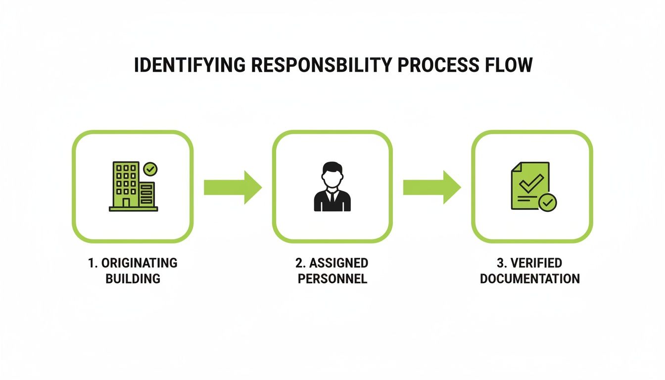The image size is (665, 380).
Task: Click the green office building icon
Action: tap(131, 186)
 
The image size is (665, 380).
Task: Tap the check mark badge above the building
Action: tap(150, 169)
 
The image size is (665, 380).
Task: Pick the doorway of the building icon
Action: tap(126, 202)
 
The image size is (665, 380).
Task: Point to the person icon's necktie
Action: tap(332, 196)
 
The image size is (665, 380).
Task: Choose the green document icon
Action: tap(530, 185)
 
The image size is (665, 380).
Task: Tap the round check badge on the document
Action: tap(548, 202)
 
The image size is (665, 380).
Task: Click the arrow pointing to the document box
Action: tap(432, 187)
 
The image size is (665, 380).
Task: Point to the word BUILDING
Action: tap(133, 279)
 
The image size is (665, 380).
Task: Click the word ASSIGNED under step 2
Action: tap(338, 263)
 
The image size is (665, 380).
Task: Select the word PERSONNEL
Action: tap(332, 279)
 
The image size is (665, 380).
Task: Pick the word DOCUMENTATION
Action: tap(530, 279)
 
